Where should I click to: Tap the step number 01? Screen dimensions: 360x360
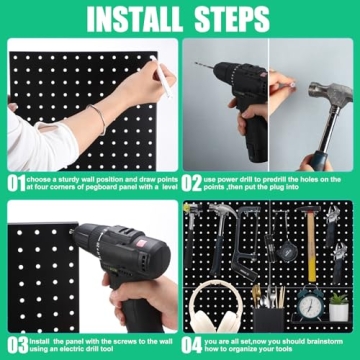click(14, 183)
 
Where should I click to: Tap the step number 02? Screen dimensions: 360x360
click(194, 183)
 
